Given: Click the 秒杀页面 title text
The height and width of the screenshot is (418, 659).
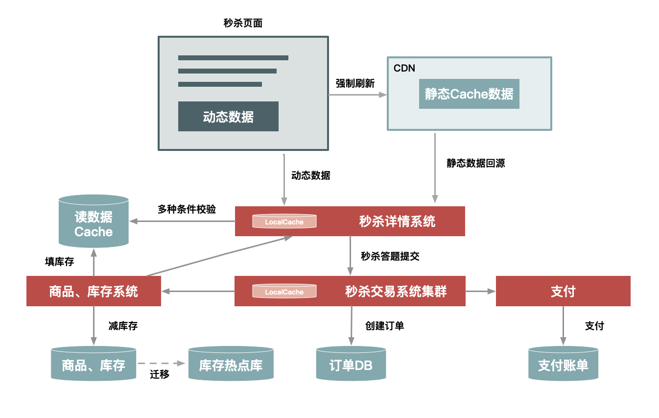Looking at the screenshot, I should (243, 23).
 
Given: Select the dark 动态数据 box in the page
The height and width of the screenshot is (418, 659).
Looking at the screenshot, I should (228, 117).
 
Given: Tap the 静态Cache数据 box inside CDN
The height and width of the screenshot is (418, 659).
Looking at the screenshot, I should (469, 94).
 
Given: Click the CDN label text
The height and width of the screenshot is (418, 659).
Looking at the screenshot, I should (404, 68).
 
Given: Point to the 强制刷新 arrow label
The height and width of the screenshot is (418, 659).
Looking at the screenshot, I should (355, 83).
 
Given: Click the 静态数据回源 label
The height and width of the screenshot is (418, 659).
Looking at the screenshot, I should (475, 163).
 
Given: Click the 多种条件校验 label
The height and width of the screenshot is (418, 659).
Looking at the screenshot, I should (187, 209).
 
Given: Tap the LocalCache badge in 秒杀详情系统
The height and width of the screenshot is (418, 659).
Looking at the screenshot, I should (284, 221).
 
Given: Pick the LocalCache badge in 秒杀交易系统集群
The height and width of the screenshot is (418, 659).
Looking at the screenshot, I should (284, 292).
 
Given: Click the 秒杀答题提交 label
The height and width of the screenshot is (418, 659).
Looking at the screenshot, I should (390, 256).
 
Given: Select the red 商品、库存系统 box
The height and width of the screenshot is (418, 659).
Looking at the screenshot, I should (94, 292).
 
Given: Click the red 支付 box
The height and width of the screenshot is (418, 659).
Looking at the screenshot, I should (563, 292).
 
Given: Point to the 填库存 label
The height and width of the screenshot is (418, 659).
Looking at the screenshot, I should (59, 262).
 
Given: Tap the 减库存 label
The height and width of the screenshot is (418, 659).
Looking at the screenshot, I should (123, 326).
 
